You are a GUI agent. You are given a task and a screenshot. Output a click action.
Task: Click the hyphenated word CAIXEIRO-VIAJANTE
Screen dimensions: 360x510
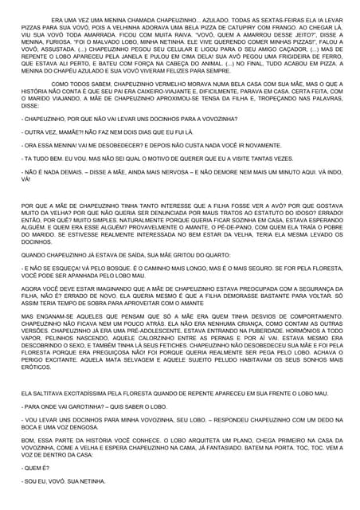click(174, 113)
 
